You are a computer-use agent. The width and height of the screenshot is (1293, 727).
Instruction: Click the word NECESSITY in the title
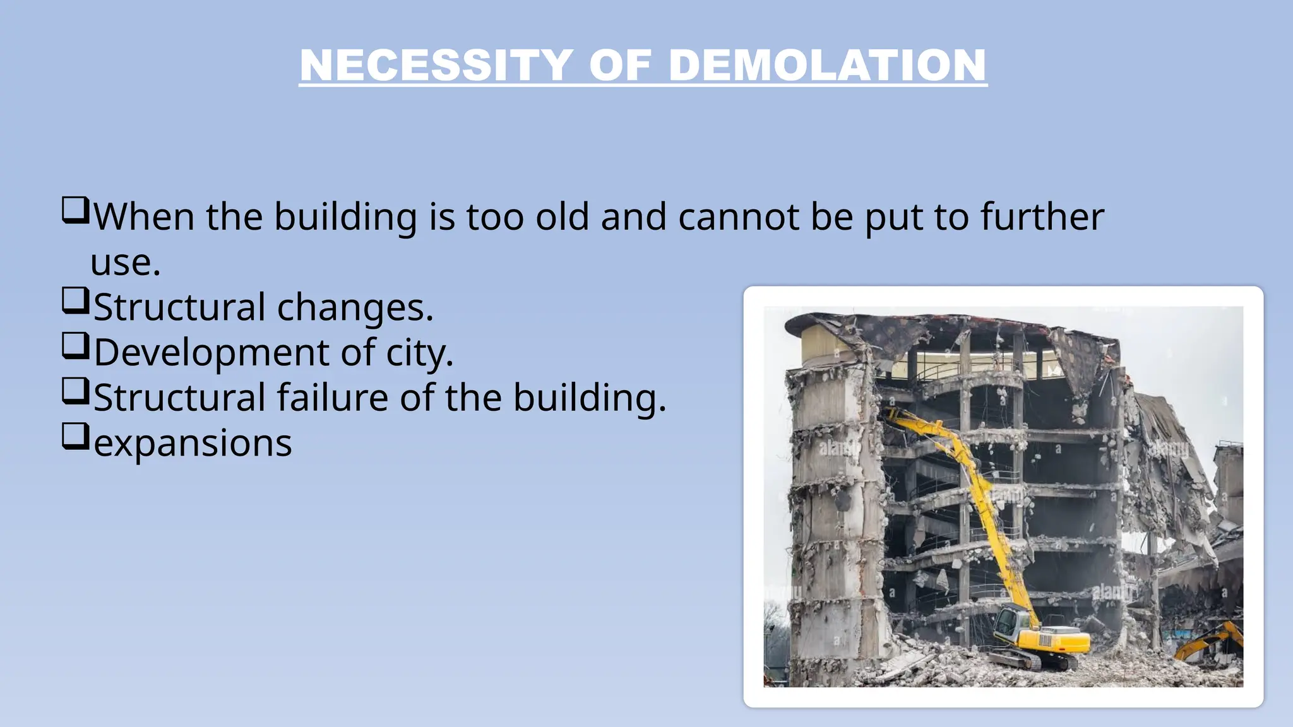pyautogui.click(x=436, y=66)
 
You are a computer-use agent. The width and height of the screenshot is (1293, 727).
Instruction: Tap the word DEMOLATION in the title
pyautogui.click(x=826, y=66)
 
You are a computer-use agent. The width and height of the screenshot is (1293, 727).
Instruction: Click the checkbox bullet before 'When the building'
pyautogui.click(x=74, y=210)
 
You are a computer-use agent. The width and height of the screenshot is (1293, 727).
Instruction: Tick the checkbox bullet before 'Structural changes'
pyautogui.click(x=74, y=300)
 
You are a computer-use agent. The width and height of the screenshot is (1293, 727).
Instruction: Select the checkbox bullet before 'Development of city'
pyautogui.click(x=74, y=346)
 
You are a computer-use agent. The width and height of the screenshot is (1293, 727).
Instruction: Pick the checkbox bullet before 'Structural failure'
pyautogui.click(x=74, y=391)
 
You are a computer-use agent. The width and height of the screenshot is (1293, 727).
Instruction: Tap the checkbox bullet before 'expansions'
pyautogui.click(x=74, y=436)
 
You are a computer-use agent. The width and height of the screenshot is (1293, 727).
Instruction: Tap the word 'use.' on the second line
pyautogui.click(x=125, y=263)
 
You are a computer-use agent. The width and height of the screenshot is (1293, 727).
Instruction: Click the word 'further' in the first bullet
pyautogui.click(x=1042, y=217)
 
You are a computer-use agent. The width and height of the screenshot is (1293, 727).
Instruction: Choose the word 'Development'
pyautogui.click(x=211, y=353)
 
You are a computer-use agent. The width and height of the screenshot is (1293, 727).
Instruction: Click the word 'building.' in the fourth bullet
pyautogui.click(x=589, y=398)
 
